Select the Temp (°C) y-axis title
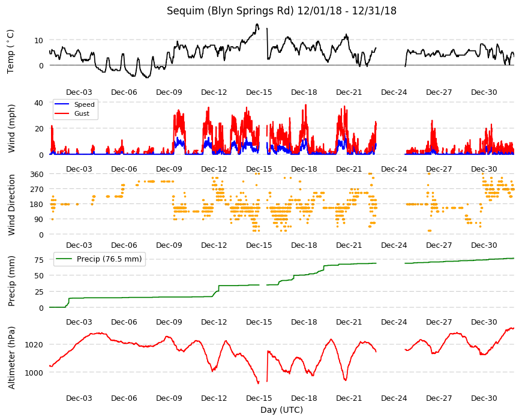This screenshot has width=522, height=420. tap(11, 51)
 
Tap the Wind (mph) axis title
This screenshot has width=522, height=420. tap(11, 129)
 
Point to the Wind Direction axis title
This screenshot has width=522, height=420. tap(11, 205)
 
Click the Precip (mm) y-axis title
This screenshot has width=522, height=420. tap(11, 281)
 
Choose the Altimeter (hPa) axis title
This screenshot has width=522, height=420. tap(11, 358)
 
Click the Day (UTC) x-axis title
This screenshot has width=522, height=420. tap(281, 410)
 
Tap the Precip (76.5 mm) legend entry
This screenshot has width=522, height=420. tap(99, 259)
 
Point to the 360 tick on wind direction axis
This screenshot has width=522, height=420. tap(37, 175)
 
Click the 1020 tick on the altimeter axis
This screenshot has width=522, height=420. tap(34, 344)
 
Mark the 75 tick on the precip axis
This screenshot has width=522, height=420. tap(39, 260)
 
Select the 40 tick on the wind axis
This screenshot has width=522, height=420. tap(39, 103)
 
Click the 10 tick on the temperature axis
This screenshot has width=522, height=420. tap(39, 41)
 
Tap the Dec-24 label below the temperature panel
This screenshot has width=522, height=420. tap(394, 92)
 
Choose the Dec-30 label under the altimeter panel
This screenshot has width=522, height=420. tap(484, 398)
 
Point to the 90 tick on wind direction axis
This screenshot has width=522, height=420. tap(39, 220)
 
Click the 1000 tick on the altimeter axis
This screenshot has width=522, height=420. tap(34, 373)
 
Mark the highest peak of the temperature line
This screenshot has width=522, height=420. tap(257, 24)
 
